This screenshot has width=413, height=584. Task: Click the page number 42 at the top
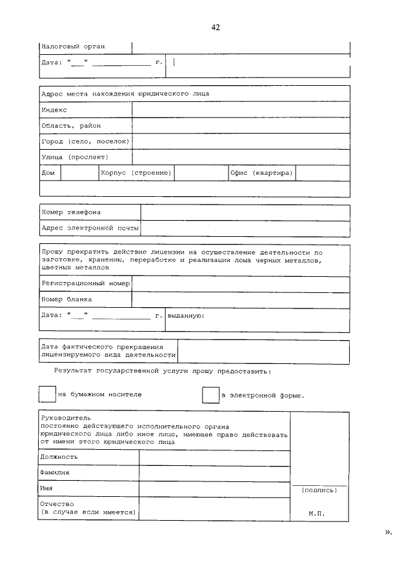coord(216,26)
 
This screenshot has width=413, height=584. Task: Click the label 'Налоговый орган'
coord(73,46)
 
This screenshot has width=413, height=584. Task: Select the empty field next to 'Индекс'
coord(241,110)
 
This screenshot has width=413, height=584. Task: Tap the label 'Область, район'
coord(71,126)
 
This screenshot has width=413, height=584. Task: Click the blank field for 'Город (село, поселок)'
coord(241,141)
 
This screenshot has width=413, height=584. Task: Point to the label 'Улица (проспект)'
coord(75,157)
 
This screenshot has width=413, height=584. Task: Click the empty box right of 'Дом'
coord(79,173)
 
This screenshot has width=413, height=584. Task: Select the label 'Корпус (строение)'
coord(136,173)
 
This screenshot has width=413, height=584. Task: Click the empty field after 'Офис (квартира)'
coord(322,173)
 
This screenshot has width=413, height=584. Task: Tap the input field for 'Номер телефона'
coord(245,212)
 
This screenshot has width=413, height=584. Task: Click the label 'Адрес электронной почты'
coord(90,228)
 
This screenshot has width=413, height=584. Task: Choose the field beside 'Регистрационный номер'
coord(241,283)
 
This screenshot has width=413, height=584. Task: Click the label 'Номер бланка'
coord(66,299)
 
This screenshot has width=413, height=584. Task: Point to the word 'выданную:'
coord(186,316)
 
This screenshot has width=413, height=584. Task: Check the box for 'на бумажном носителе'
coord(48,394)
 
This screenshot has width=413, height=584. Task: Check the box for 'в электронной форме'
coord(211,395)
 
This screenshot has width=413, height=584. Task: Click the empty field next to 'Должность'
coord(214,457)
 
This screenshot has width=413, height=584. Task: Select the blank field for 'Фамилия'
coord(214,473)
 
